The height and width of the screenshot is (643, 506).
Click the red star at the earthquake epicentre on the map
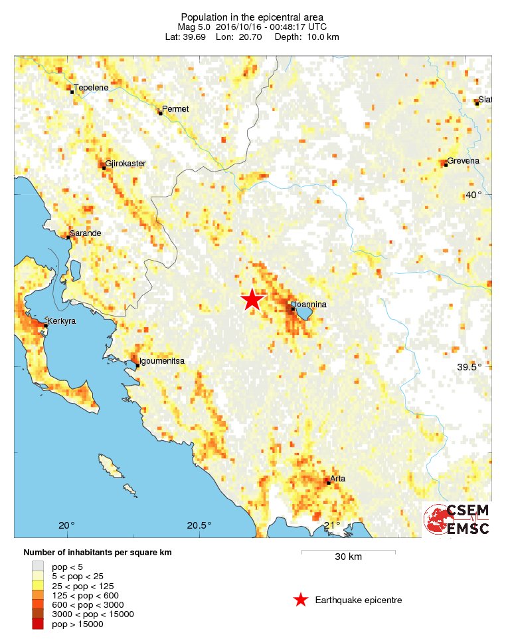(x=252, y=300)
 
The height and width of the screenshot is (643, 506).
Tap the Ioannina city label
(x=312, y=305)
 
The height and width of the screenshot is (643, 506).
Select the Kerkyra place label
(x=62, y=321)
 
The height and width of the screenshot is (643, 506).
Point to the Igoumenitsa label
(x=161, y=361)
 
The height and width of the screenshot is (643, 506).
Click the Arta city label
(x=337, y=478)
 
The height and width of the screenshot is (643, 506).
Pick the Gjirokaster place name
(x=126, y=164)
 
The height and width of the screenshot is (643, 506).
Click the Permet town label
(x=176, y=109)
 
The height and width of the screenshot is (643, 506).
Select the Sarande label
(x=86, y=233)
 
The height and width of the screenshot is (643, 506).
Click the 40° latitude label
(x=473, y=195)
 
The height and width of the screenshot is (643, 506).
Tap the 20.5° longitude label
(x=199, y=525)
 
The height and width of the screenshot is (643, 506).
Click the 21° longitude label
(x=331, y=525)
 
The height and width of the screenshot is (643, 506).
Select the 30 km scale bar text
(x=348, y=557)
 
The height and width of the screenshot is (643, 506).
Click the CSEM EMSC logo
(x=457, y=519)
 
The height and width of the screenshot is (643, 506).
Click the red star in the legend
(x=301, y=600)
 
